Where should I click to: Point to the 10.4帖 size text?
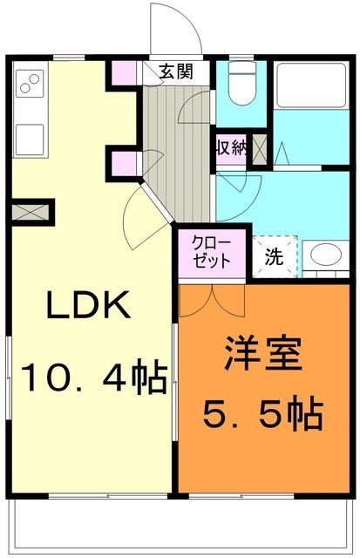point(94,377)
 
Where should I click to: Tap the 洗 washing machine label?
point(274,257)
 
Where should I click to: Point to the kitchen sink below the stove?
point(29,137)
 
